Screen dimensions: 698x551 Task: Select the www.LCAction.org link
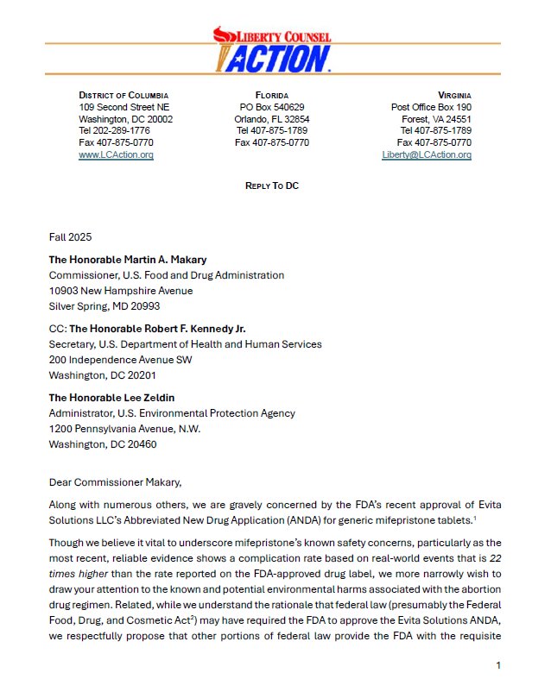[116, 154]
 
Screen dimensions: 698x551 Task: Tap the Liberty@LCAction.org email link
[427, 154]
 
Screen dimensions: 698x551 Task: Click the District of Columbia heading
[123, 95]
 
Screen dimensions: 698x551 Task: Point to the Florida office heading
[272, 95]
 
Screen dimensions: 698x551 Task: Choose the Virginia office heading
[454, 95]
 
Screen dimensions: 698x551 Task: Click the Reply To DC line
[272, 186]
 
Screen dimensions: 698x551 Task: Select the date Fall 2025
[70, 236]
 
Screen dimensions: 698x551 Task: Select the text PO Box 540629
[272, 107]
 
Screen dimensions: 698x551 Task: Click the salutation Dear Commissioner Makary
[115, 481]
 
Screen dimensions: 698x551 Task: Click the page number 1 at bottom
[498, 664]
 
